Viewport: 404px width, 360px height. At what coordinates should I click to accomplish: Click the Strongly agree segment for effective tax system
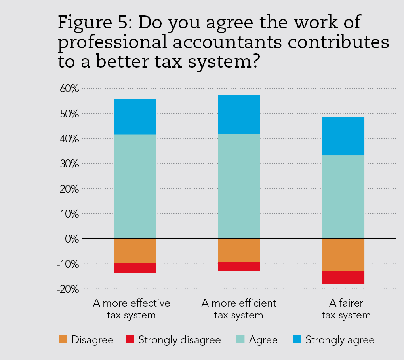pyautogui.click(x=134, y=117)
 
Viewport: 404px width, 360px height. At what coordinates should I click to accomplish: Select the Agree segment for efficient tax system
pyautogui.click(x=239, y=186)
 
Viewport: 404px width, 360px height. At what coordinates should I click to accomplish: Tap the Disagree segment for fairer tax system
pyautogui.click(x=343, y=254)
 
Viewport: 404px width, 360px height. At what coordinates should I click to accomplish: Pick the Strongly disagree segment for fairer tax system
pyautogui.click(x=343, y=277)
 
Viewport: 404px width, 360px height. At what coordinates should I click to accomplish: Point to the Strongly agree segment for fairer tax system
pyautogui.click(x=343, y=136)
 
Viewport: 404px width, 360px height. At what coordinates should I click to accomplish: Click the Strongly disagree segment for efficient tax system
pyautogui.click(x=239, y=266)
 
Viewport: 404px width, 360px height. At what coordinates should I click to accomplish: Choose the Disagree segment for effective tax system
pyautogui.click(x=134, y=250)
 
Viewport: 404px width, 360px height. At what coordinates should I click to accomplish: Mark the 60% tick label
pyautogui.click(x=70, y=89)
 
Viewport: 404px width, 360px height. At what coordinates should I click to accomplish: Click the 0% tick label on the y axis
pyautogui.click(x=72, y=239)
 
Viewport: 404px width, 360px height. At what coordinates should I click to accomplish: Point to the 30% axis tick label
pyautogui.click(x=70, y=164)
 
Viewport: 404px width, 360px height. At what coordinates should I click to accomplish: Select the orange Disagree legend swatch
pyautogui.click(x=63, y=339)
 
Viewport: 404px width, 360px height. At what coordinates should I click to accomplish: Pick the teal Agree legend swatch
pyautogui.click(x=240, y=339)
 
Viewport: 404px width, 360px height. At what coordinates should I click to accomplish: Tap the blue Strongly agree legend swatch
pyautogui.click(x=297, y=339)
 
